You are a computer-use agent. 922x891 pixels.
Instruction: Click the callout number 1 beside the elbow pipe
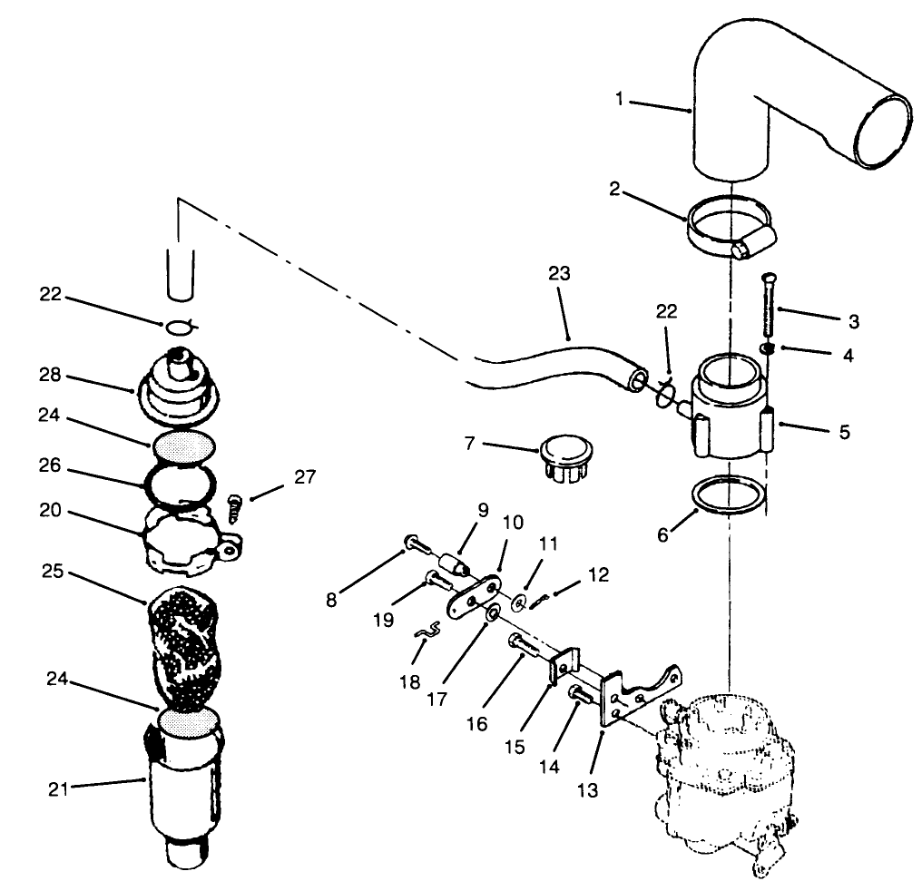(x=620, y=99)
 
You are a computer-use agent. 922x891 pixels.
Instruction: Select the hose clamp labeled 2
(x=729, y=232)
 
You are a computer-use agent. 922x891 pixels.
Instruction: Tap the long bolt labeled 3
(x=769, y=306)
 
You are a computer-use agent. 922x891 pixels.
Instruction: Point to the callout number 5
(x=844, y=432)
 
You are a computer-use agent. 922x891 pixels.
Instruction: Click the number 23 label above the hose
(x=560, y=274)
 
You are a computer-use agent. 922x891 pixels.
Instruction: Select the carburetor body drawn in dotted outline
(x=726, y=762)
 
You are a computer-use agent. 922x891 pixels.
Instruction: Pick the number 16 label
(x=478, y=723)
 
